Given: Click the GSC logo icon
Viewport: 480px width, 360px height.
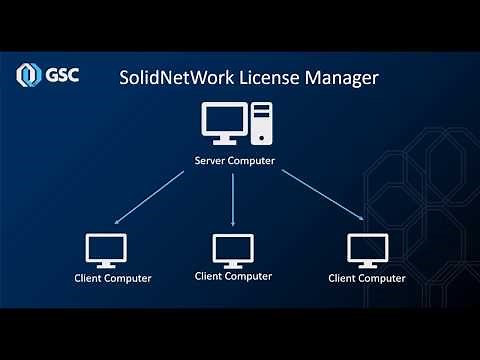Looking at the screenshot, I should pos(28,76).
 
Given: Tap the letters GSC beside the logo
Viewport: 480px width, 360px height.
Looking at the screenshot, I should pos(60,76).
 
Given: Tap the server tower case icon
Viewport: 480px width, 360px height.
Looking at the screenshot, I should pos(261,124).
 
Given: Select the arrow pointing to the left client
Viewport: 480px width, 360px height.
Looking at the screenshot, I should pos(150,197).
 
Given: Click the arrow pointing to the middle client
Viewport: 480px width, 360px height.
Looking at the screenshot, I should pos(232,198).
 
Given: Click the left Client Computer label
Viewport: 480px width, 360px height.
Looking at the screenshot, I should pos(113,278).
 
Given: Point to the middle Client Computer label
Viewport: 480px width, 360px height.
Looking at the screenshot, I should pos(233,275).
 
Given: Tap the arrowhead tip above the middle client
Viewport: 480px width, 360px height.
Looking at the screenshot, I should pos(232,225).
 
